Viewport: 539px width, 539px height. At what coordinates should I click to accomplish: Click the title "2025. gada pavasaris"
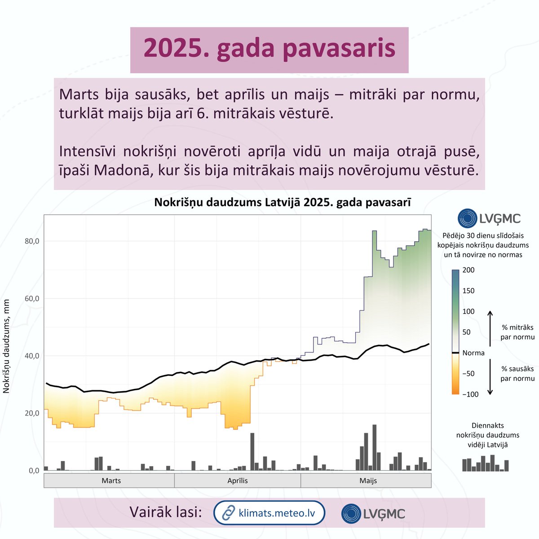[x=269, y=49]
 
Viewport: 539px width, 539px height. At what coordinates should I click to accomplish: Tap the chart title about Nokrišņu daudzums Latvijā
[x=283, y=202]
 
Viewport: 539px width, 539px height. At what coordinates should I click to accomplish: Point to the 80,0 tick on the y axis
[x=32, y=241]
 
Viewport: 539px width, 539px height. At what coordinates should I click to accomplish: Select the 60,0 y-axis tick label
[x=32, y=299]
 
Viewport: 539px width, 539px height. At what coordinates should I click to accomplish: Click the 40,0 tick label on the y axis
[x=32, y=356]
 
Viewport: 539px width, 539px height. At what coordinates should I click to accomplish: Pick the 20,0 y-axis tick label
[x=32, y=413]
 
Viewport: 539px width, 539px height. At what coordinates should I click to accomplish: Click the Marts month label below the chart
[x=111, y=481]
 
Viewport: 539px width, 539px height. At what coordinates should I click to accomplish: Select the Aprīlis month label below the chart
[x=237, y=481]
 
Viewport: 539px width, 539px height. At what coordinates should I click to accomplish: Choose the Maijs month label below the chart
[x=368, y=481]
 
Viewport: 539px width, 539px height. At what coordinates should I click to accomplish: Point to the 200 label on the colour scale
[x=468, y=270]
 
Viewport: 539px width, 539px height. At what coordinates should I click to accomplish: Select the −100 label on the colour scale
[x=470, y=394]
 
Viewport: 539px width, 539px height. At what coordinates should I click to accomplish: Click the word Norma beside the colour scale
[x=473, y=353]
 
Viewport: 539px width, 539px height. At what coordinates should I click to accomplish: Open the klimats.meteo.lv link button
[x=269, y=512]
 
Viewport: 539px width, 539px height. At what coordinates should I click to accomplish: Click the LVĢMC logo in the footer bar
[x=373, y=513]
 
